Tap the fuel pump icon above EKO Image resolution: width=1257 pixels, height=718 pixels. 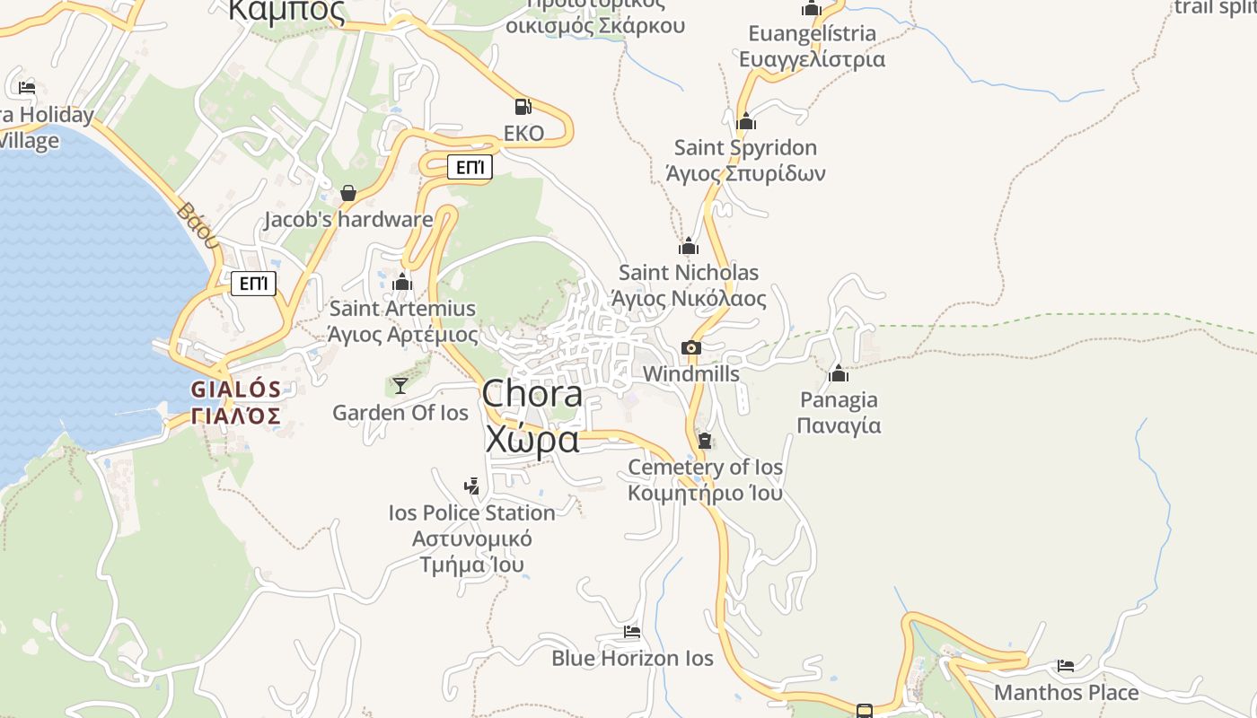point(523,107)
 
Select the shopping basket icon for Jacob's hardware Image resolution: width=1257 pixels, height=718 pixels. point(348,193)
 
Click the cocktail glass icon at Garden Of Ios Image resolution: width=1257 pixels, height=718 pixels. point(400,386)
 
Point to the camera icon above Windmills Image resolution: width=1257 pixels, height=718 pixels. point(690,348)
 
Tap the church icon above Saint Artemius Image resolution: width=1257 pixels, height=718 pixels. point(402,283)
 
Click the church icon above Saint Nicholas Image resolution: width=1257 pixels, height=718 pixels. point(689,247)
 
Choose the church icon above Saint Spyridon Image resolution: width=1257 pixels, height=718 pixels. point(746,122)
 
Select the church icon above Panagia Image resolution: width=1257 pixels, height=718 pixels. point(839,373)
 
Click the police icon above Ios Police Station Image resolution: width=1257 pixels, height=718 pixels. point(471,486)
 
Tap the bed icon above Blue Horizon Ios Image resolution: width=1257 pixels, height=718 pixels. point(632,632)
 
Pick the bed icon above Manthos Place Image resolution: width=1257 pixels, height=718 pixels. point(1066,666)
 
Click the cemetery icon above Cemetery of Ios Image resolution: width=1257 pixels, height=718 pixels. point(705,441)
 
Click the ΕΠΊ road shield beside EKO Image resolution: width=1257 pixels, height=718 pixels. point(470,167)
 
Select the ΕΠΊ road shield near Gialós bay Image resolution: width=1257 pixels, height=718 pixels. point(254,285)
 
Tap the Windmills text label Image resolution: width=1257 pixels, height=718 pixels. point(691,374)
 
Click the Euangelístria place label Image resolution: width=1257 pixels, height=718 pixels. point(812,47)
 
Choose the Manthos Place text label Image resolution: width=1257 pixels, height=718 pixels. point(1066,693)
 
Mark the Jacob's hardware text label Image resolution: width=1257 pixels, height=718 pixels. point(348,220)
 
